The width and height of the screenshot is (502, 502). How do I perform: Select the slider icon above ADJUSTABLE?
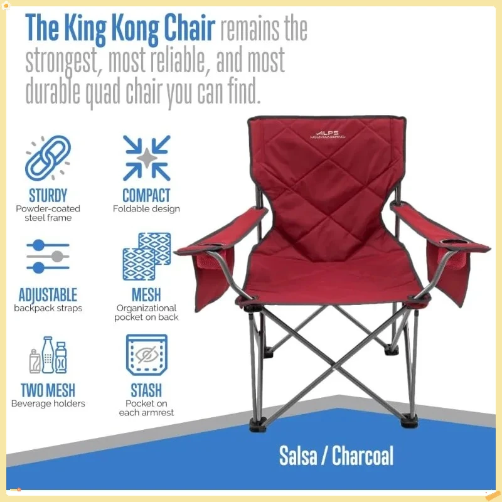point(48,257)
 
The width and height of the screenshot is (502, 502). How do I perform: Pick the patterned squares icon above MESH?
point(146,257)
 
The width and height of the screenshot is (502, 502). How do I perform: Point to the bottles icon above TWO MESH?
point(48,355)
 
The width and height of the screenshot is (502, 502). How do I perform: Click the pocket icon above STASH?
point(146,355)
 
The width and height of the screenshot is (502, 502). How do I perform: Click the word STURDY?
point(48,195)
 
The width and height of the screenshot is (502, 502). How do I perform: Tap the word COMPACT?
point(146,195)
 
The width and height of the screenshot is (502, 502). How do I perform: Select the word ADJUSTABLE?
point(48,294)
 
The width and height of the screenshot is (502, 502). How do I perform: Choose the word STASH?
point(146,391)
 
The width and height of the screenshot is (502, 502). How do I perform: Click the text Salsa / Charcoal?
point(336,456)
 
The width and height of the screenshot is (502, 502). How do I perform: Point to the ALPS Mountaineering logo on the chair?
point(328,135)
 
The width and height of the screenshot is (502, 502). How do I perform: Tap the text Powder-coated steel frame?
point(48,213)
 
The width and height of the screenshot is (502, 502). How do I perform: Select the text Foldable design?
point(146,209)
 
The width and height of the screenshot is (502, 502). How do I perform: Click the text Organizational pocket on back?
point(146,312)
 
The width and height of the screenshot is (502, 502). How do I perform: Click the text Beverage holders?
point(48,403)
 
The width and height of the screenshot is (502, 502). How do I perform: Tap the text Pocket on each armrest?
point(146,408)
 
